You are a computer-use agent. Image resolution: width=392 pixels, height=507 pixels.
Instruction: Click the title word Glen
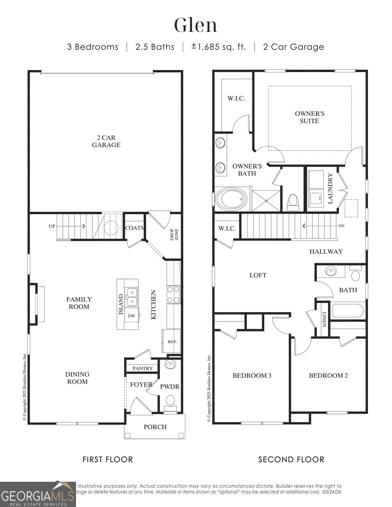pos(196,25)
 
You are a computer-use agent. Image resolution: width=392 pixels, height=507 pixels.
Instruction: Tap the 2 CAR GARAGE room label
pos(106,141)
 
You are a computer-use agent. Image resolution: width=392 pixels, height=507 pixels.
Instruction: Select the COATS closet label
pos(134,228)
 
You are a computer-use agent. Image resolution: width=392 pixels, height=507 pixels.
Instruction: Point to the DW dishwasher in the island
pos(131,316)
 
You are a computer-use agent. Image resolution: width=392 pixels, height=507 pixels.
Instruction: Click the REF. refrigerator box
pos(171,341)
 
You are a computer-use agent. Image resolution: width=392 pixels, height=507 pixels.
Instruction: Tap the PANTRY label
pos(142,368)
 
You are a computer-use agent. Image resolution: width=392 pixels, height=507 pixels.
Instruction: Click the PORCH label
pos(155,427)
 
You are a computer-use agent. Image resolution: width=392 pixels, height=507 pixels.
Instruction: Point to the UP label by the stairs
pos(52,226)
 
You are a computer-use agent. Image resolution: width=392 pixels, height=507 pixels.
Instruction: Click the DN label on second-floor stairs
pos(341,226)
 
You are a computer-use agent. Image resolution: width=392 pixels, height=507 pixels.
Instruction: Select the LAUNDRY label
pos(330,188)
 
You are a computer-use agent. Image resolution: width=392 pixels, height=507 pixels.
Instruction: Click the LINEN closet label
pos(324,320)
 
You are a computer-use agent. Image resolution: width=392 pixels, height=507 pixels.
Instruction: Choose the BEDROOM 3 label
pos(252,375)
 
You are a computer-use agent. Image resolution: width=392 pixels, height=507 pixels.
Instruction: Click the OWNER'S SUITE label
pos(309,117)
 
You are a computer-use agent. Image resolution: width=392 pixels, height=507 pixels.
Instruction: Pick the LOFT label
pos(258,275)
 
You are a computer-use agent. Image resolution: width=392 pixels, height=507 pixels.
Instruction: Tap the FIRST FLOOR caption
pos(108,459)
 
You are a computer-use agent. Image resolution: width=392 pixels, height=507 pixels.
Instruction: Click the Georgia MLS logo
pos(38,494)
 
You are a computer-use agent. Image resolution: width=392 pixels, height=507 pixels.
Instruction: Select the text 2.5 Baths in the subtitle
pos(155,47)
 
